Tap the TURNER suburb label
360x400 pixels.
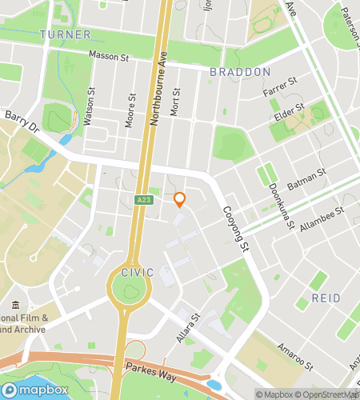65,34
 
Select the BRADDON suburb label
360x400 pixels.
240,71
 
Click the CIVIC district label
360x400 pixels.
137,272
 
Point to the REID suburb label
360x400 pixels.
324,298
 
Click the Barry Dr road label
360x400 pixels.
22,122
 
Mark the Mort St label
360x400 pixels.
176,102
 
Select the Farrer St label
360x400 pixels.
280,88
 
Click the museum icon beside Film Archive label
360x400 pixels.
18,305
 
